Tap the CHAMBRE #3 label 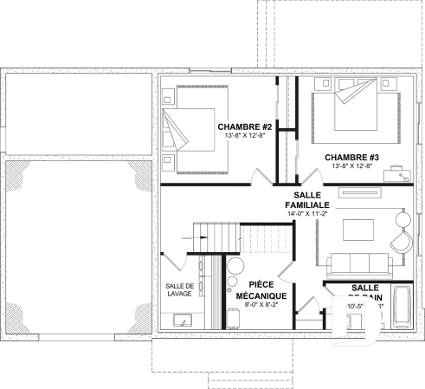351,157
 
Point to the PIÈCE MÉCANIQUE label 267,289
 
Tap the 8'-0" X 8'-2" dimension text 267,305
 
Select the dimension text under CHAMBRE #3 351,166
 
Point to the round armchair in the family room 402,239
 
